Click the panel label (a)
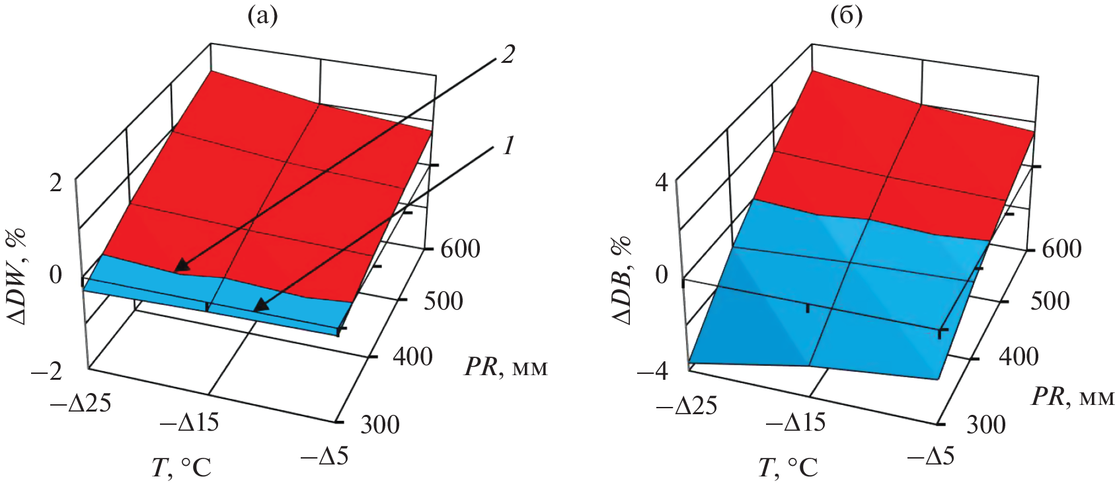262,16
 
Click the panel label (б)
847,16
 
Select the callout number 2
508,54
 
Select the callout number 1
508,146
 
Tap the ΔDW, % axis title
18,276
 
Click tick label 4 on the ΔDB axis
662,182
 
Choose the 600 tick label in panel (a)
460,249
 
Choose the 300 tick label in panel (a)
379,424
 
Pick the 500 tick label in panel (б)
1050,301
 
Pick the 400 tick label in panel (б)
1019,357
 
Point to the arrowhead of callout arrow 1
257,308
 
